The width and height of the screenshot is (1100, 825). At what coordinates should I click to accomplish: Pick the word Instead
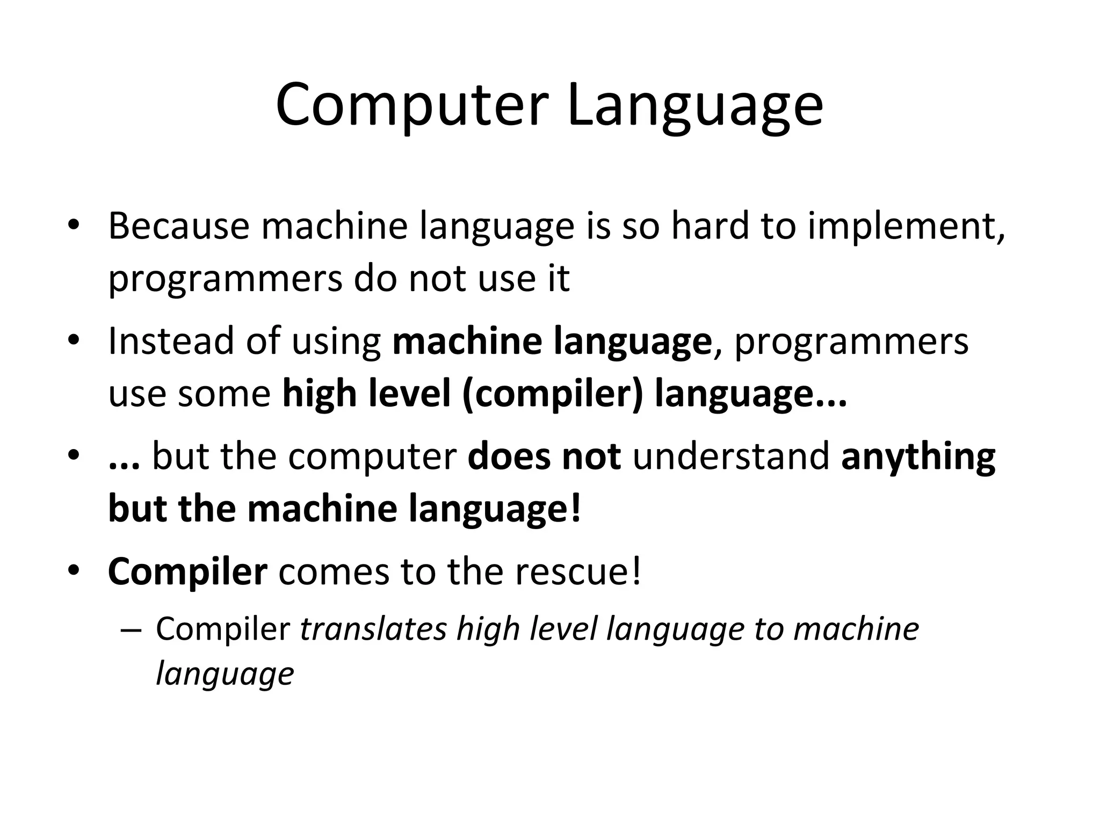pos(171,341)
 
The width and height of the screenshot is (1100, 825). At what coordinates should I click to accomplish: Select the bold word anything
pos(918,458)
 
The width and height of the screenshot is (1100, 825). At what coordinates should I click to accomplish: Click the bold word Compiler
pos(187,573)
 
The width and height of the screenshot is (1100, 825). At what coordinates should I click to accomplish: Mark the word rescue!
pos(578,572)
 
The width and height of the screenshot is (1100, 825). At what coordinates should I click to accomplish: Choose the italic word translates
pos(373,629)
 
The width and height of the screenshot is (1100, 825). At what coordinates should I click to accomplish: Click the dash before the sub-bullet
pos(131,631)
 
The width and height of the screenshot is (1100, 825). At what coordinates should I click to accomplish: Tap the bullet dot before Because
pos(74,226)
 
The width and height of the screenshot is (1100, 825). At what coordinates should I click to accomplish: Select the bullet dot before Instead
pos(74,342)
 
